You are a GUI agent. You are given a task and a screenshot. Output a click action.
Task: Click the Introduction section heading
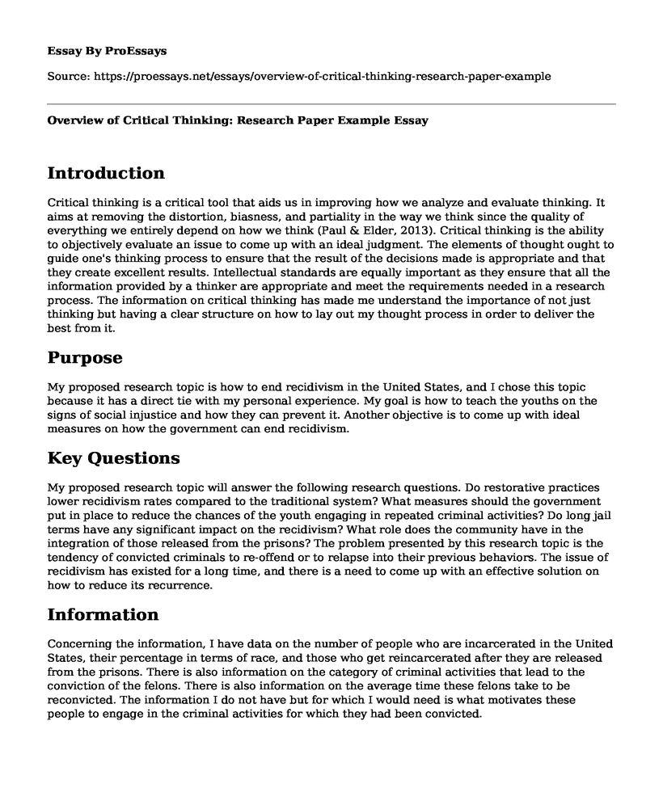click(106, 173)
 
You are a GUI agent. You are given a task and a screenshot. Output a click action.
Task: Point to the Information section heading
click(103, 614)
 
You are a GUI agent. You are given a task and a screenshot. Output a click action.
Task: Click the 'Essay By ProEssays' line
click(108, 50)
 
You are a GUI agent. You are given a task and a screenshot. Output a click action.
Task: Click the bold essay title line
click(237, 120)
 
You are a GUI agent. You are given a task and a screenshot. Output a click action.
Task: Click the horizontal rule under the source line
click(331, 103)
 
